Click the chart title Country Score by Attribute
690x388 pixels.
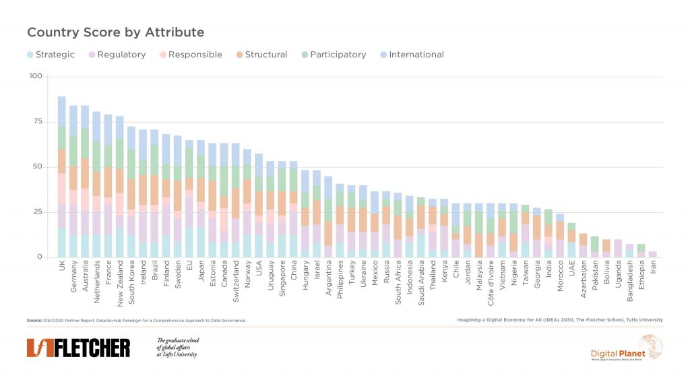(115, 32)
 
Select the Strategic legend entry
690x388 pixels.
(51, 55)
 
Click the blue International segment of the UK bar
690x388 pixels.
(61, 111)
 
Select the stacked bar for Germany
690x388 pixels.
(73, 182)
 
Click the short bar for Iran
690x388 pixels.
(653, 254)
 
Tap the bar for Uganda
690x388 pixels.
(618, 248)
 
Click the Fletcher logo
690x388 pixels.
(78, 348)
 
